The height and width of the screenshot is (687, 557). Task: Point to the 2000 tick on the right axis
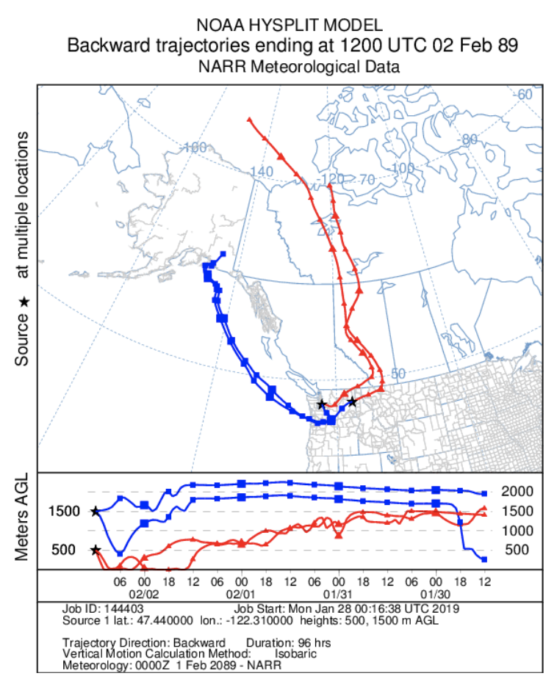pos(524,491)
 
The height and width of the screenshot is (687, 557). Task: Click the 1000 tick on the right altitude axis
pos(524,531)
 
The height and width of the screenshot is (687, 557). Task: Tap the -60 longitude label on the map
pos(523,95)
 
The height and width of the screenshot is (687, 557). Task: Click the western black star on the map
pos(321,404)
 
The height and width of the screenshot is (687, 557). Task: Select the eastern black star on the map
pos(353,401)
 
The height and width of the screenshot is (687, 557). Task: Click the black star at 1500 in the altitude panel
pos(95,511)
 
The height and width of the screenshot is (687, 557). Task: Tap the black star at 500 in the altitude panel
pos(95,550)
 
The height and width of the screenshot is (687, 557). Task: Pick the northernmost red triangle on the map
pos(250,119)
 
